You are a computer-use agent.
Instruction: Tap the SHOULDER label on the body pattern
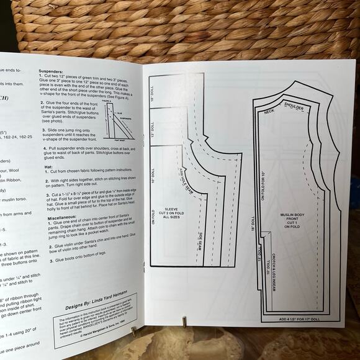point(294,106)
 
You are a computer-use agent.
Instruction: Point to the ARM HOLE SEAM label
point(186,180)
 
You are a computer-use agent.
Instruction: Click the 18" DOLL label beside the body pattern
point(253,228)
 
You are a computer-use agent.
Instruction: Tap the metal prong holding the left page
point(134,331)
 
